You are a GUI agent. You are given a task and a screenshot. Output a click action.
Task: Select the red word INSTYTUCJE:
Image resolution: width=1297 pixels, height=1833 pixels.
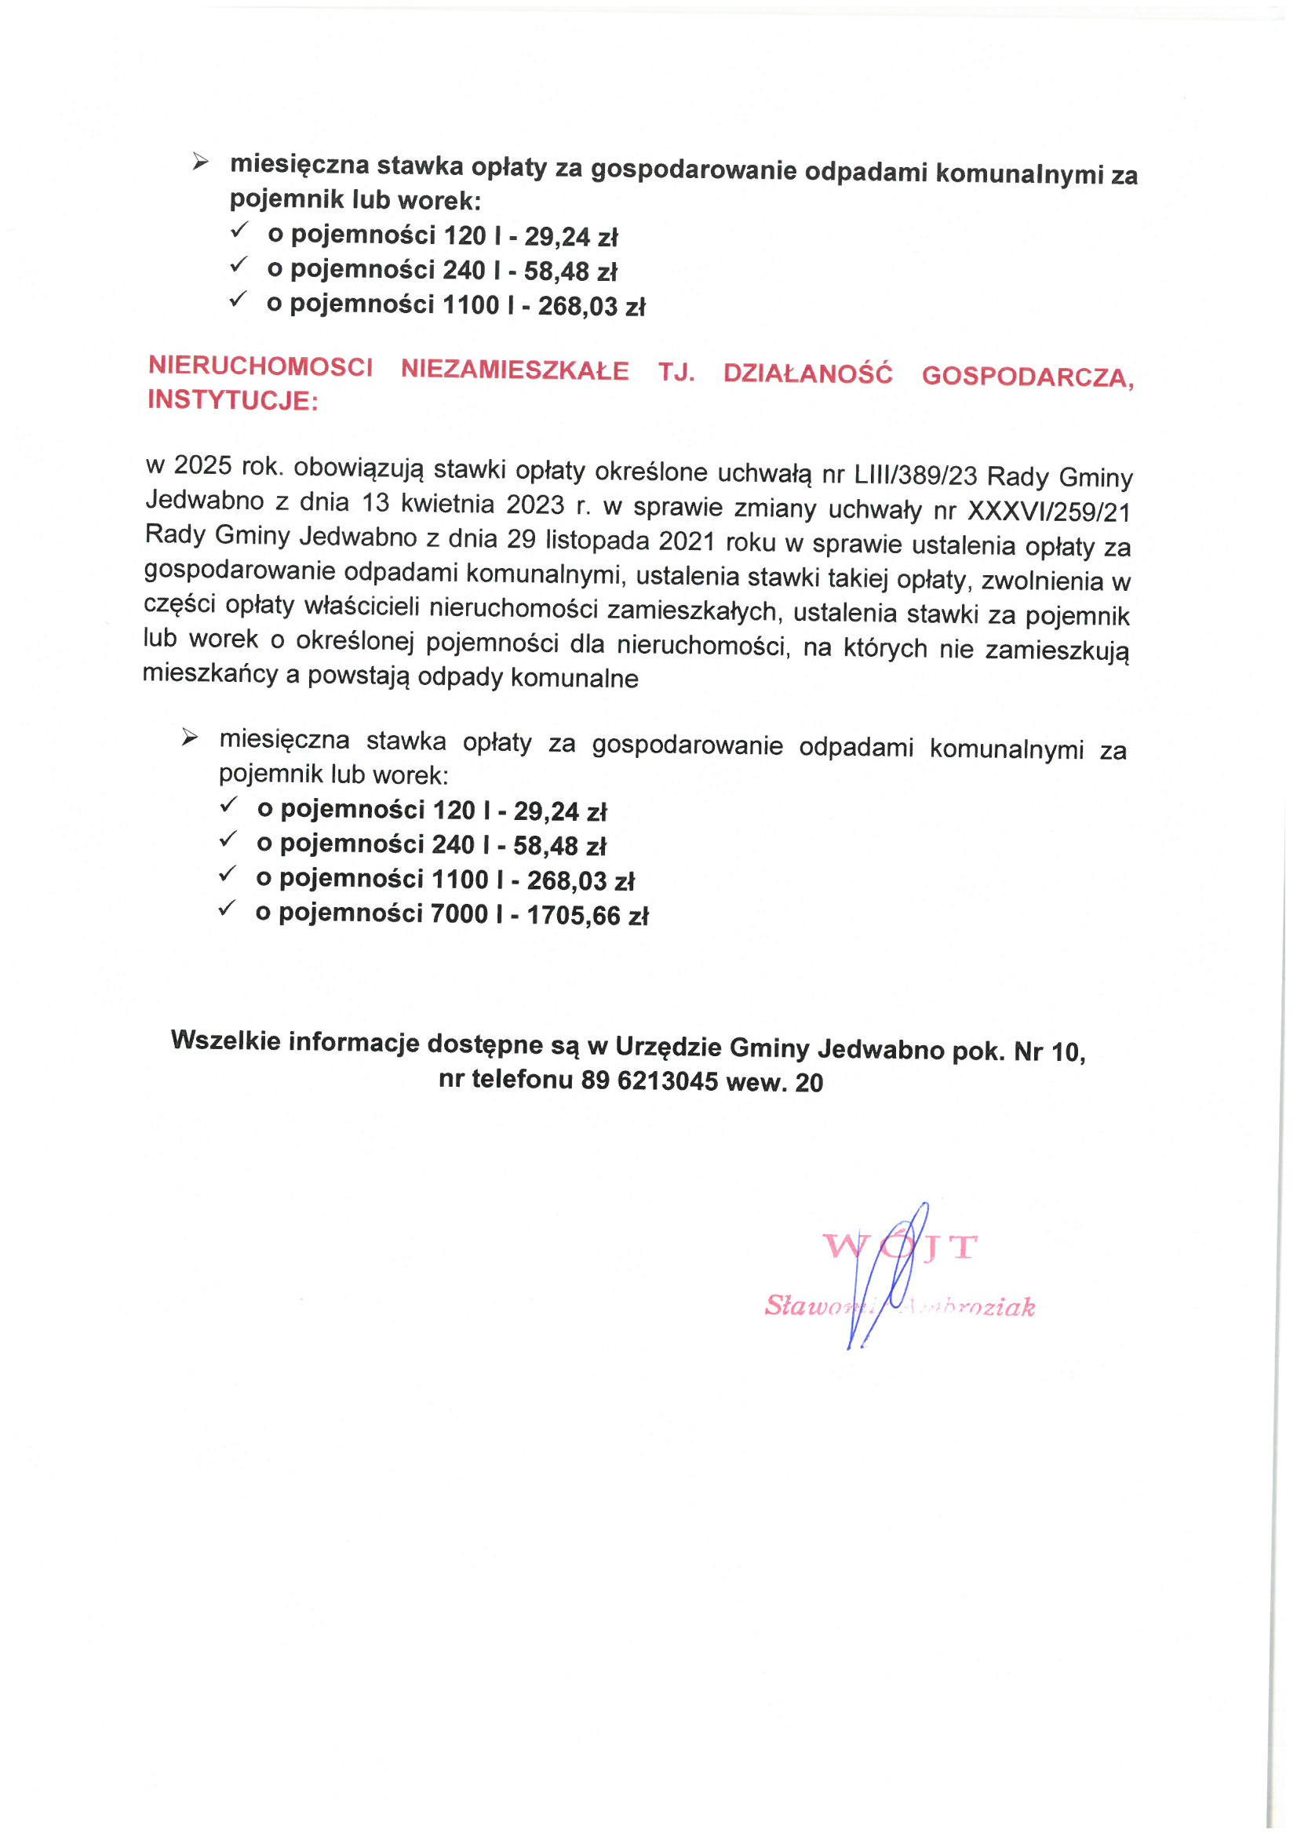(x=232, y=399)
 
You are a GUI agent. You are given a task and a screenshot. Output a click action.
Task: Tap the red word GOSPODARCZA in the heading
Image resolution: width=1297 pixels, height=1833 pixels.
(x=1027, y=377)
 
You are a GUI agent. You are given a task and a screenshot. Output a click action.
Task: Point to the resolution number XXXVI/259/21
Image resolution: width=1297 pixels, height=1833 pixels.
(x=1048, y=511)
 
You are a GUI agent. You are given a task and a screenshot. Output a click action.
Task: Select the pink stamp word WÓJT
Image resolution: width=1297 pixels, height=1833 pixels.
(x=899, y=1247)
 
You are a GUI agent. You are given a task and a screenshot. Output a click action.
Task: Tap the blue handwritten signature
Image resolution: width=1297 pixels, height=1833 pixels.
(x=887, y=1278)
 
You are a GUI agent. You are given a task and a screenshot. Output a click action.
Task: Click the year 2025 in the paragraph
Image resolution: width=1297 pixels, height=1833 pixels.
(x=203, y=465)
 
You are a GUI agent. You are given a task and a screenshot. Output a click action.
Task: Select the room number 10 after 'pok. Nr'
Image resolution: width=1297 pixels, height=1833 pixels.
(x=1067, y=1053)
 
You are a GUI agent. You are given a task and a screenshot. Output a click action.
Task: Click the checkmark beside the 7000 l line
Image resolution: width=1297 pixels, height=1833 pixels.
(x=227, y=908)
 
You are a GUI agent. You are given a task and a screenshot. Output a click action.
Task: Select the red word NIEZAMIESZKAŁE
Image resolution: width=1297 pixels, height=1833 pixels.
(x=515, y=370)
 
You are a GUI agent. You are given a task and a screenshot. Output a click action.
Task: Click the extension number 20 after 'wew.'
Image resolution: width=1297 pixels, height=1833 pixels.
(x=809, y=1083)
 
